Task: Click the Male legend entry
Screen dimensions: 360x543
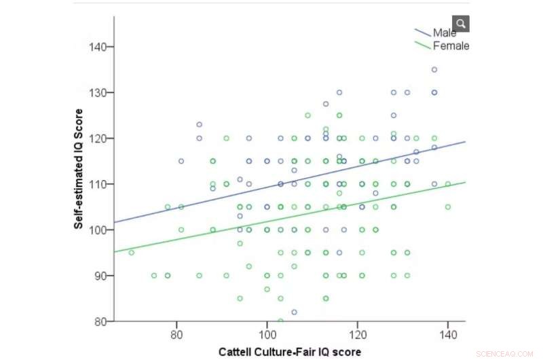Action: click(444, 33)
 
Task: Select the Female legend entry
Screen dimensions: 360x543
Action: click(450, 46)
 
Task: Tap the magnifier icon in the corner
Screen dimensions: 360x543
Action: click(461, 24)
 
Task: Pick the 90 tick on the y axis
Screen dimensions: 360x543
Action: click(101, 276)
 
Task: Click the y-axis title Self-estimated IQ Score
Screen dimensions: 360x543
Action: click(79, 168)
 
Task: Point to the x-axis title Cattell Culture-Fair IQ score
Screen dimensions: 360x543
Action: click(289, 353)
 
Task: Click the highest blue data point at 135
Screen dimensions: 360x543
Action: click(434, 69)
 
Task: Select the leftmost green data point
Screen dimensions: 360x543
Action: click(132, 253)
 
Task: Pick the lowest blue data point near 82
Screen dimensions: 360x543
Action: click(294, 312)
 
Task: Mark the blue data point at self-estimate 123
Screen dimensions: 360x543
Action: click(199, 124)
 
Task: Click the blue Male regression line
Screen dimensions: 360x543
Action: click(285, 182)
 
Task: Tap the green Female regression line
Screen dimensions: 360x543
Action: click(285, 217)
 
